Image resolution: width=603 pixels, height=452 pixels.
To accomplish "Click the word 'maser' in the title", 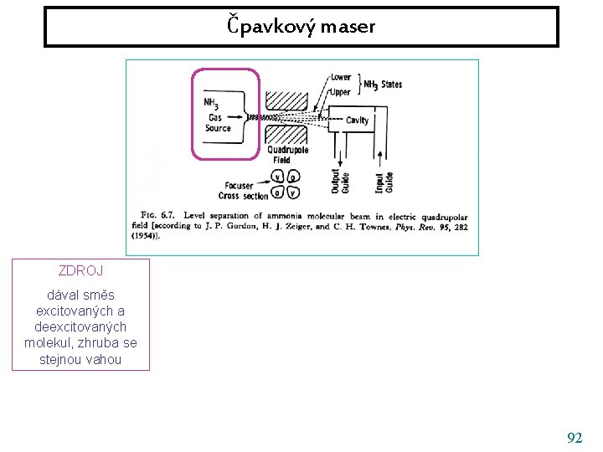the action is click(x=353, y=27).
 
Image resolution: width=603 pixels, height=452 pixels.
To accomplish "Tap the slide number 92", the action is click(x=575, y=438).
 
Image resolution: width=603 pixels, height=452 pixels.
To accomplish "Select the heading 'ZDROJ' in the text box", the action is click(x=80, y=270).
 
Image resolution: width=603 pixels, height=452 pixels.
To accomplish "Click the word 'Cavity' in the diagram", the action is click(x=357, y=121).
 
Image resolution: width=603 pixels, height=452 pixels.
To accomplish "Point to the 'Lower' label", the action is click(x=340, y=78).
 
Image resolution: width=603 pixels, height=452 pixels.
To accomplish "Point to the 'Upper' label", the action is click(x=340, y=91).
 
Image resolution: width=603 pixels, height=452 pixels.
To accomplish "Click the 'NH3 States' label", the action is click(x=383, y=84).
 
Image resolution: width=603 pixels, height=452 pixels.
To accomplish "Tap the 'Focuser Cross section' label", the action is click(x=244, y=191).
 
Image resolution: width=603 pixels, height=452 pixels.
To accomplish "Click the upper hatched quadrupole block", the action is click(x=286, y=99).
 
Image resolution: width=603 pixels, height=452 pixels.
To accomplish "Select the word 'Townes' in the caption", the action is click(x=374, y=226).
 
